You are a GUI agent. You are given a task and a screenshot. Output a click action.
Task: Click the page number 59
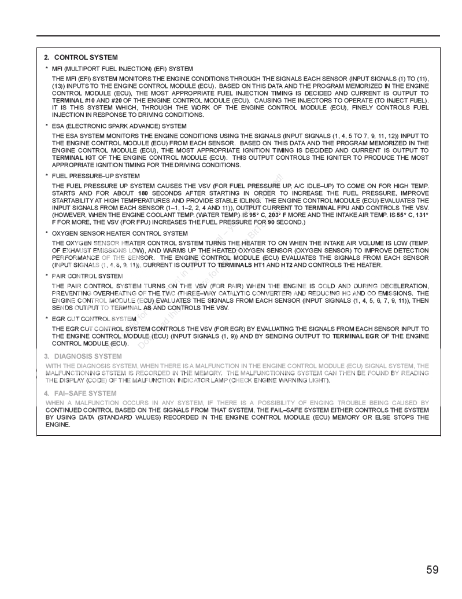[433, 569]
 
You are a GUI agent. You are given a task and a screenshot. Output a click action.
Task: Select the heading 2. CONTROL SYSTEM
[81, 57]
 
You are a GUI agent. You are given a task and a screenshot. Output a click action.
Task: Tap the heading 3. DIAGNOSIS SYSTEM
[83, 356]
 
